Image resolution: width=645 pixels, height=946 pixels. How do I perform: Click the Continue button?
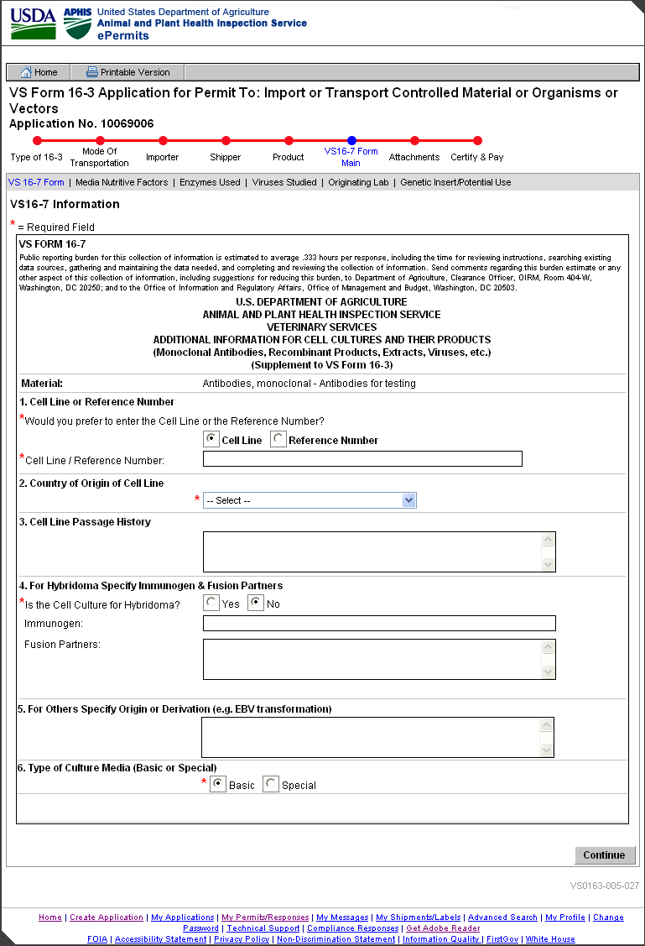(x=604, y=855)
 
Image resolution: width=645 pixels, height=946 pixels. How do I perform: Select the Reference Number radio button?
(x=278, y=440)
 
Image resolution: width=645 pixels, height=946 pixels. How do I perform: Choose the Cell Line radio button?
(x=212, y=440)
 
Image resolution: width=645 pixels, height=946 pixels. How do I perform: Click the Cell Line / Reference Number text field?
(x=362, y=458)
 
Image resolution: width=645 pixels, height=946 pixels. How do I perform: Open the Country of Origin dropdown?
(x=309, y=500)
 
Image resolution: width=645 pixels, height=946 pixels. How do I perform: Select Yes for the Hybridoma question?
(x=212, y=603)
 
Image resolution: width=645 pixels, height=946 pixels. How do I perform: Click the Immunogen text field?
(x=379, y=623)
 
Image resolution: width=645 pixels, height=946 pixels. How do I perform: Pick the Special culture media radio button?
(x=270, y=784)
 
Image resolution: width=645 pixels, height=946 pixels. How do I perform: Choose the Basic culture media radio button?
(x=218, y=784)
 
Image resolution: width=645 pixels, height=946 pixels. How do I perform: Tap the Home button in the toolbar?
(x=39, y=72)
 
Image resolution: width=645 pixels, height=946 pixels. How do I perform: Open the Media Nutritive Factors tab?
(x=122, y=182)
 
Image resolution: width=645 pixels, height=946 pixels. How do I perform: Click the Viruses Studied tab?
(x=284, y=182)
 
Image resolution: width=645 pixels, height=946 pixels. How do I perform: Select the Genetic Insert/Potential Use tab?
(x=455, y=182)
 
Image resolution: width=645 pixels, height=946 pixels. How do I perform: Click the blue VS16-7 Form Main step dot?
(x=351, y=141)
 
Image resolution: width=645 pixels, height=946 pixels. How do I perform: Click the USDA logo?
(x=33, y=24)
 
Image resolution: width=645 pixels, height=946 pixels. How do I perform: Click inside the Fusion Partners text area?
(x=372, y=659)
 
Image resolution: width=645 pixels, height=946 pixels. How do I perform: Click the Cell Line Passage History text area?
(x=372, y=551)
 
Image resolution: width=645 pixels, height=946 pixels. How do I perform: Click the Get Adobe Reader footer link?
(x=443, y=928)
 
